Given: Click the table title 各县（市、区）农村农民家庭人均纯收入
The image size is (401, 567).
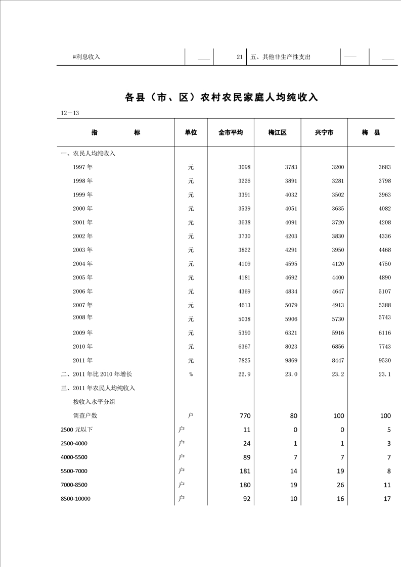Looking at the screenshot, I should click(x=221, y=97).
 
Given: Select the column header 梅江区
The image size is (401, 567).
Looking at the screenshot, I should click(x=277, y=132).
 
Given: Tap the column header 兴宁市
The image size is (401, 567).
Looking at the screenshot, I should click(x=324, y=132).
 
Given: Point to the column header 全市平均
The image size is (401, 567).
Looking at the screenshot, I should click(x=231, y=132).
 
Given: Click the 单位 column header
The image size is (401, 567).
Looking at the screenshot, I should click(x=191, y=132).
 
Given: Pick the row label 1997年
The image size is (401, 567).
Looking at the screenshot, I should click(x=82, y=167).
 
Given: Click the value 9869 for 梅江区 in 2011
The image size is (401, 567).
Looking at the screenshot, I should click(x=290, y=360).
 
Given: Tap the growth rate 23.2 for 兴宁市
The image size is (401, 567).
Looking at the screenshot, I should click(x=337, y=374).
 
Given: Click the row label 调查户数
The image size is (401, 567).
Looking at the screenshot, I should click(x=85, y=415).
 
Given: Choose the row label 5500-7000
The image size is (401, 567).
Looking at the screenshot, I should click(x=74, y=471).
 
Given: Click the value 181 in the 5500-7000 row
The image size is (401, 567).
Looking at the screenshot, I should click(x=245, y=471).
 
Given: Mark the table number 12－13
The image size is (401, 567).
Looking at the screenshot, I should click(x=70, y=113).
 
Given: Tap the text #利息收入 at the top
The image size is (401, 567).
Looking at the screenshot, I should click(x=86, y=57).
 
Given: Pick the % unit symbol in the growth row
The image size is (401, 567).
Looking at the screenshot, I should click(x=191, y=374).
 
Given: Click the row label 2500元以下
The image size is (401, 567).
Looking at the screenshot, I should click(x=76, y=430).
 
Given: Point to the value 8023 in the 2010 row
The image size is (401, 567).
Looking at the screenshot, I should click(x=290, y=347).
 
